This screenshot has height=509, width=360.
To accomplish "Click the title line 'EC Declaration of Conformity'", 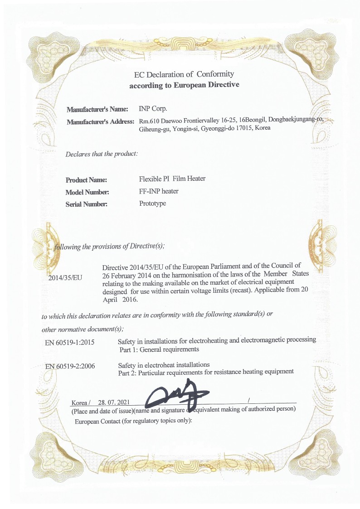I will coord(184,74).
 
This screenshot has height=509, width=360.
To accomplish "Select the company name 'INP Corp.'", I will coord(153,109).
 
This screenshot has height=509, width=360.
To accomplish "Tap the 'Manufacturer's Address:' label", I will coord(100,121).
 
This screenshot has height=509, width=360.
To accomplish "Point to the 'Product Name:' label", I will coord(86,180).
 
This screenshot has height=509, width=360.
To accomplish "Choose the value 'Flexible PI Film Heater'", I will coord(172,179).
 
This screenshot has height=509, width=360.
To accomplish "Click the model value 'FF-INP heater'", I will coord(159,191).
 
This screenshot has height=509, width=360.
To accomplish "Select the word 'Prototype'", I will coord(153,204).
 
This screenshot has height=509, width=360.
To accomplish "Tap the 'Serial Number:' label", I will coord(86,204).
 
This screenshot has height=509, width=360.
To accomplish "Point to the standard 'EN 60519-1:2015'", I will coord(70,342).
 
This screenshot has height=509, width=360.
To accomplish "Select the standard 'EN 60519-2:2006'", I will coord(70,366).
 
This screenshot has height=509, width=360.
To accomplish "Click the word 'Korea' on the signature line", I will coord(80,402).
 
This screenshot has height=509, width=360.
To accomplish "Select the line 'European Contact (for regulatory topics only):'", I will coord(134,421).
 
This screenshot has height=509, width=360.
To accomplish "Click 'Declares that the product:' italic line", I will coord(102,154).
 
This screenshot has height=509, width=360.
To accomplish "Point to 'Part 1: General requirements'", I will coord(159,349).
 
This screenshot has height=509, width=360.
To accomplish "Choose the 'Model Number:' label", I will coord(87,192).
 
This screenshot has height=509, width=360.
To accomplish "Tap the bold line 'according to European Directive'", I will coord(184,85).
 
